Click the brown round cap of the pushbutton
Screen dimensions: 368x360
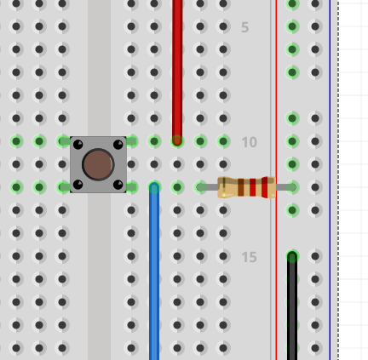click(x=98, y=164)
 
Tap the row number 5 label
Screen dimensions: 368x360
click(x=244, y=27)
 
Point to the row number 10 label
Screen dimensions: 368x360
click(x=249, y=142)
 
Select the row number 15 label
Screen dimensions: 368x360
click(x=249, y=257)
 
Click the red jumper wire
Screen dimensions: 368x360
click(x=177, y=71)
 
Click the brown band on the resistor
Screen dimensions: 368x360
click(x=241, y=187)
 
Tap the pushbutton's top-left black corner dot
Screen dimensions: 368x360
click(x=78, y=145)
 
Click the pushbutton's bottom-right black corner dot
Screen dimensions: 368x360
click(x=118, y=185)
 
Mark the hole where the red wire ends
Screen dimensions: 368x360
click(x=177, y=141)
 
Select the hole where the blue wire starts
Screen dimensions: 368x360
click(x=154, y=187)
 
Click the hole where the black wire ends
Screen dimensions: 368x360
click(x=292, y=256)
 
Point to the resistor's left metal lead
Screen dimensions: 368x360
click(x=208, y=187)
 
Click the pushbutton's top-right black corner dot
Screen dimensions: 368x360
click(x=118, y=145)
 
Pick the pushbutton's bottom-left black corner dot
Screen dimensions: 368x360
click(x=78, y=185)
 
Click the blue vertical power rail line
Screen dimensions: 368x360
click(x=330, y=180)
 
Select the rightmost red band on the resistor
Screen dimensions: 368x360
click(x=265, y=187)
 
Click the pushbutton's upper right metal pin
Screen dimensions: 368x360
click(x=131, y=141)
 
